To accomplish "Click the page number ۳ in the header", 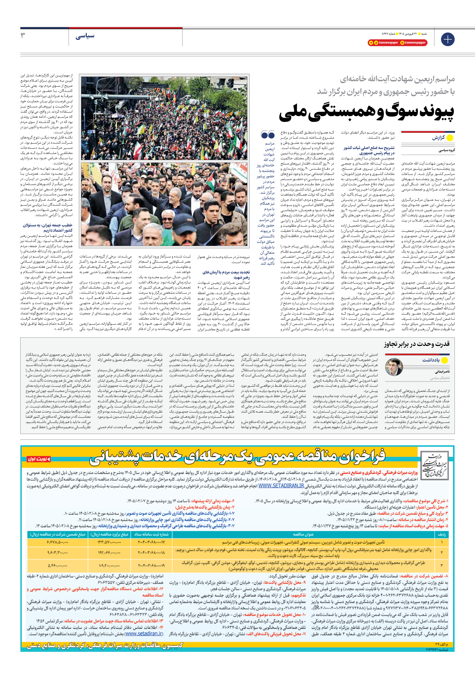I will click(x=23, y=36).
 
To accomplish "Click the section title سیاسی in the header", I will click(x=85, y=36).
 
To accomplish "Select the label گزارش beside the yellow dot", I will click(x=438, y=138).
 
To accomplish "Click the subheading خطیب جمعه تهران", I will click(x=48, y=228).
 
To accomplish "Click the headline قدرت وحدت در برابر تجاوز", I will click(x=417, y=344).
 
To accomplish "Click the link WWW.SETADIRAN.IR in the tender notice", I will click(x=281, y=486).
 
